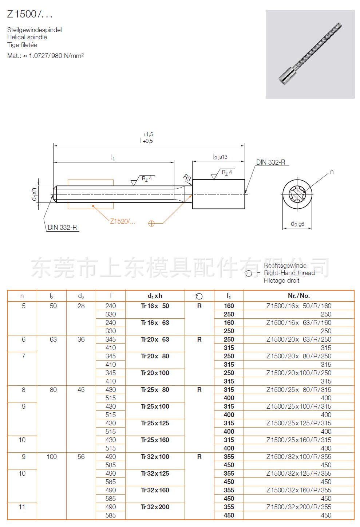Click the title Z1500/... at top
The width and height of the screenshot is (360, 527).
(x=30, y=14)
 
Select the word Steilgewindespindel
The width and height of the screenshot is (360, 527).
(x=35, y=30)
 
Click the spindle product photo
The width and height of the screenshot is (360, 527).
(x=310, y=54)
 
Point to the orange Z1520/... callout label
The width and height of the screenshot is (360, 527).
(x=122, y=221)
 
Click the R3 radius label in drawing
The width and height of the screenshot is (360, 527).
(x=187, y=178)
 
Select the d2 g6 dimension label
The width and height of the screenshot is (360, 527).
(x=297, y=224)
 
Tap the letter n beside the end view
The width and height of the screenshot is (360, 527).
(x=332, y=172)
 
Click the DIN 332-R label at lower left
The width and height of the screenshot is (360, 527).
(x=62, y=228)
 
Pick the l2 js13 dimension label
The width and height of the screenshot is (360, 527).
(x=220, y=157)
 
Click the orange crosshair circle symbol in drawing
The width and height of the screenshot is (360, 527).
(x=151, y=224)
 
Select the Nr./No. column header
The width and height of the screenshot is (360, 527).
(x=298, y=296)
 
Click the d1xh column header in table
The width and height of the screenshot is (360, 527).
(x=155, y=296)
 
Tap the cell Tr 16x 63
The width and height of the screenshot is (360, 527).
(x=155, y=323)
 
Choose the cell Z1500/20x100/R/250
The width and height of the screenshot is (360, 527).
(x=298, y=373)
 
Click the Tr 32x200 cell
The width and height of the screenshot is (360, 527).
(x=155, y=507)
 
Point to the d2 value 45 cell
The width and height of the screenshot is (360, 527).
(x=81, y=390)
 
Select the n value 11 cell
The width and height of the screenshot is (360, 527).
(x=22, y=507)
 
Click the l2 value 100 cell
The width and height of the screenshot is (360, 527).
(x=52, y=457)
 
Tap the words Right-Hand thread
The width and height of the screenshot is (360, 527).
(x=289, y=273)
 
